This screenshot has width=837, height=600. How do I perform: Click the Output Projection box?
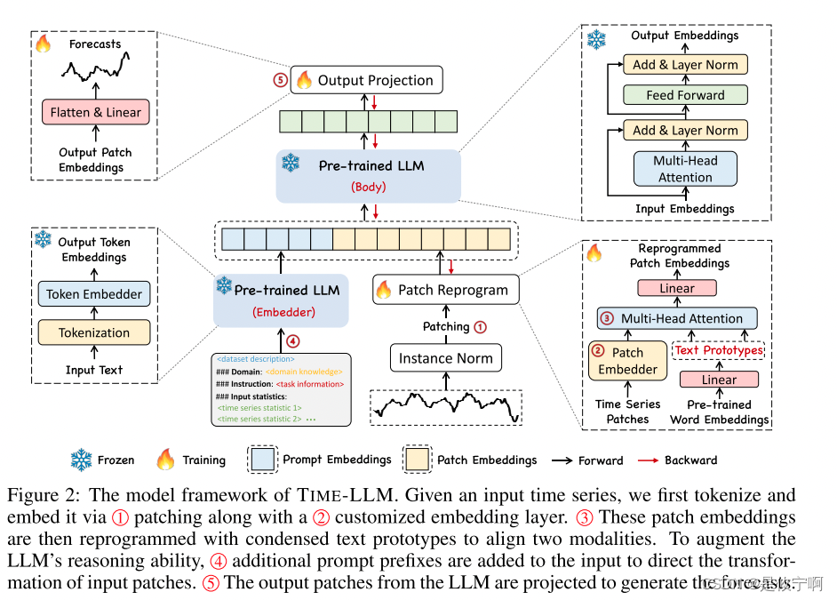point(365,80)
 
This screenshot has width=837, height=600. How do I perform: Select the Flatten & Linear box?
point(95,112)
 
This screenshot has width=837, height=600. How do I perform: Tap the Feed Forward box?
point(685,95)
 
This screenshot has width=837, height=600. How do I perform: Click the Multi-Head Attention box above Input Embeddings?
point(685,169)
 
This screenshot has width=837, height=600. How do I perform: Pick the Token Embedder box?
point(94,294)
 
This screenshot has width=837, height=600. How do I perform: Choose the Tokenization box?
point(94,332)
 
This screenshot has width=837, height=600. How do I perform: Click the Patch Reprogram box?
point(444,289)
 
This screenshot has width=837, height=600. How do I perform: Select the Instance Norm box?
point(445,358)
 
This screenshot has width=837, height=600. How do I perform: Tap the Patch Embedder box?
point(627,361)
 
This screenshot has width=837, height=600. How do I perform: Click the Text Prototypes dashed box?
point(719,350)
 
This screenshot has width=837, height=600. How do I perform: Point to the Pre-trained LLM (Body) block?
point(368,175)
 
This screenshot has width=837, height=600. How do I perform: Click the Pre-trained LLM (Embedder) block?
point(281,300)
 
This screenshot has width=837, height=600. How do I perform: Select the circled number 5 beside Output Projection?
point(280,80)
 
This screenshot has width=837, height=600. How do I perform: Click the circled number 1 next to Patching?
point(481,326)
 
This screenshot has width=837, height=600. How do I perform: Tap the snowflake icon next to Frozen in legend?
point(82,460)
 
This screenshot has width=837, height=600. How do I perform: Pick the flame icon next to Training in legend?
point(165,460)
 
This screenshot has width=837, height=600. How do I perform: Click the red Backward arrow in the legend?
point(651,460)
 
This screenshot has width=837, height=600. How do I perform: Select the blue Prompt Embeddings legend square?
point(263,460)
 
